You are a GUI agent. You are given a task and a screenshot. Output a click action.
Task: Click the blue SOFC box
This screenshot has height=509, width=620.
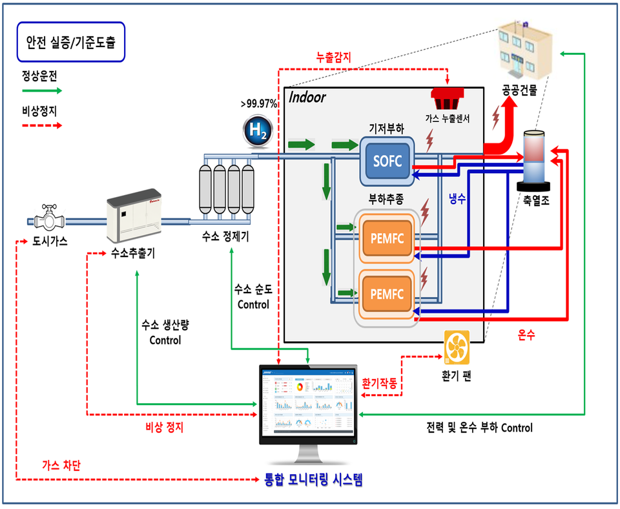click(387, 161)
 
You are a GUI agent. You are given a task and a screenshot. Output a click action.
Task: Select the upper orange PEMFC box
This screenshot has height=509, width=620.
click(387, 237)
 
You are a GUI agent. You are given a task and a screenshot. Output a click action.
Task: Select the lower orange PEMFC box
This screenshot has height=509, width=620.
click(387, 294)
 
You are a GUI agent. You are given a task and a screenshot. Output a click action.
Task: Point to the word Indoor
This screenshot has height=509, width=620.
click(307, 98)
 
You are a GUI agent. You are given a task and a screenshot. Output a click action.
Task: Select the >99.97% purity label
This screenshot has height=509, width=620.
click(258, 103)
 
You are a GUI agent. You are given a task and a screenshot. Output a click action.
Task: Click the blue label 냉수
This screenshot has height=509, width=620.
click(457, 200)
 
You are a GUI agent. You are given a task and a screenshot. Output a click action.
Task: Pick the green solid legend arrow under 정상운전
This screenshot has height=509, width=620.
click(41, 91)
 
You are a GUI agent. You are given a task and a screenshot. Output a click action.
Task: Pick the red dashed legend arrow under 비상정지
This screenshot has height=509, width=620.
click(41, 125)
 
